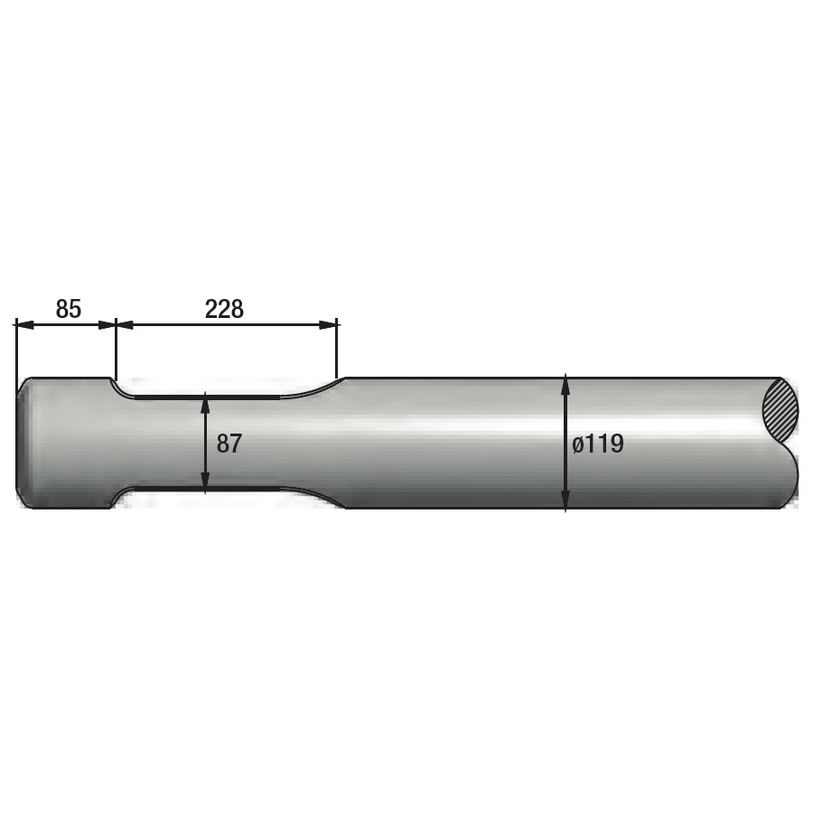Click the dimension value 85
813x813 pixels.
click(x=68, y=309)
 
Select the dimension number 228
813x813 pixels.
click(x=224, y=309)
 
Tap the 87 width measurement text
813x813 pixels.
click(x=229, y=444)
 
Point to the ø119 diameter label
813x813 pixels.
click(x=597, y=444)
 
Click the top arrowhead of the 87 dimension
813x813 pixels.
click(x=206, y=401)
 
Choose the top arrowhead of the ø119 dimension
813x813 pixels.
click(x=565, y=384)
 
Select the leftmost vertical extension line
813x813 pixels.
click(x=15, y=348)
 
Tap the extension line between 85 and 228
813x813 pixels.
click(x=117, y=348)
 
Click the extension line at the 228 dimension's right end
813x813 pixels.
click(x=337, y=348)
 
